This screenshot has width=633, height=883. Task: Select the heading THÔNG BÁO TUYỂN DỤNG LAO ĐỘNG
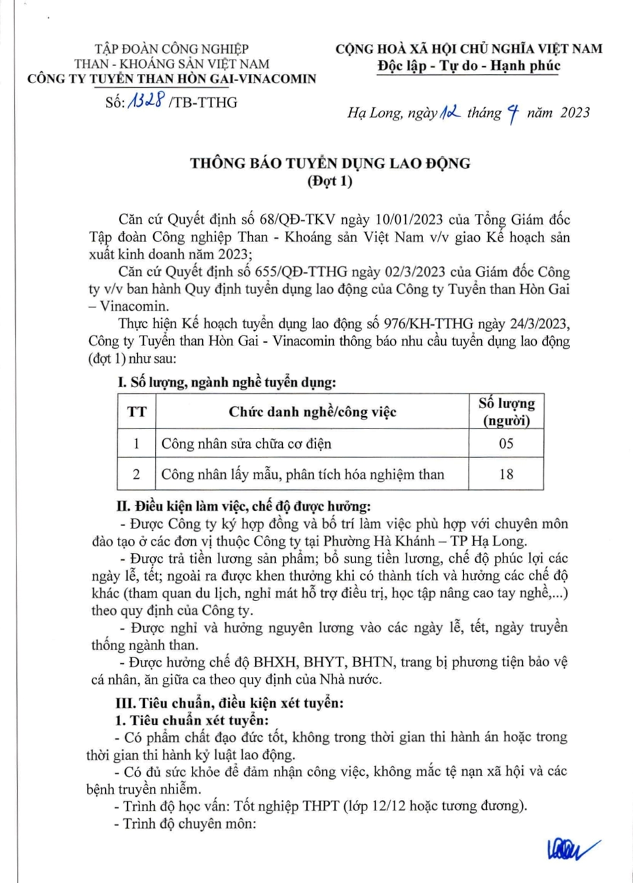[330, 164]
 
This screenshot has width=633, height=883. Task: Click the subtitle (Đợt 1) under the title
[330, 181]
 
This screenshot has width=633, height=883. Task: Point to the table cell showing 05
[506, 443]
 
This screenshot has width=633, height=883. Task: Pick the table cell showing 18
[506, 474]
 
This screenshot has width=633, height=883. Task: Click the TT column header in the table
[137, 411]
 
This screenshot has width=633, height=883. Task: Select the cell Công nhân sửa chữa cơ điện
[246, 443]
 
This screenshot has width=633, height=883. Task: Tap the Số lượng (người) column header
[506, 411]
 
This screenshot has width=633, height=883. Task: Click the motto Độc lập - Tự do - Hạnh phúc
[469, 65]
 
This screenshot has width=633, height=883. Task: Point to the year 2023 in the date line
[575, 113]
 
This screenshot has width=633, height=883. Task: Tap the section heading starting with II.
[244, 506]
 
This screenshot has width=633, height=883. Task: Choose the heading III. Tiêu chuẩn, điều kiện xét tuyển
[229, 703]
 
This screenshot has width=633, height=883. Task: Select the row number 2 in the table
[136, 474]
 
